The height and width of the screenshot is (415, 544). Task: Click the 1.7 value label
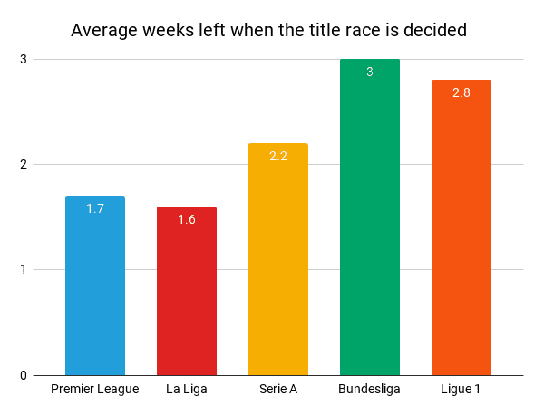95,208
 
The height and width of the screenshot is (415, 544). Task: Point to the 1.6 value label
187,219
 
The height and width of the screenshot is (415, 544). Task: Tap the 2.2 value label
278,156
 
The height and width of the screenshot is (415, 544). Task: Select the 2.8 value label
461,93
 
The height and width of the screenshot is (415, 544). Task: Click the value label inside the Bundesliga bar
370,72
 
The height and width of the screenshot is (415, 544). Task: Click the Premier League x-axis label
95,390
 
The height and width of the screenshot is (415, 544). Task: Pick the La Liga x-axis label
187,390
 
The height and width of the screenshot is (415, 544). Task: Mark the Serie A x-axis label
278,390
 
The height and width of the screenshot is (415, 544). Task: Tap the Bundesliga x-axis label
370,390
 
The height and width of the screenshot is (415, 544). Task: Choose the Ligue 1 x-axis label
461,390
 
